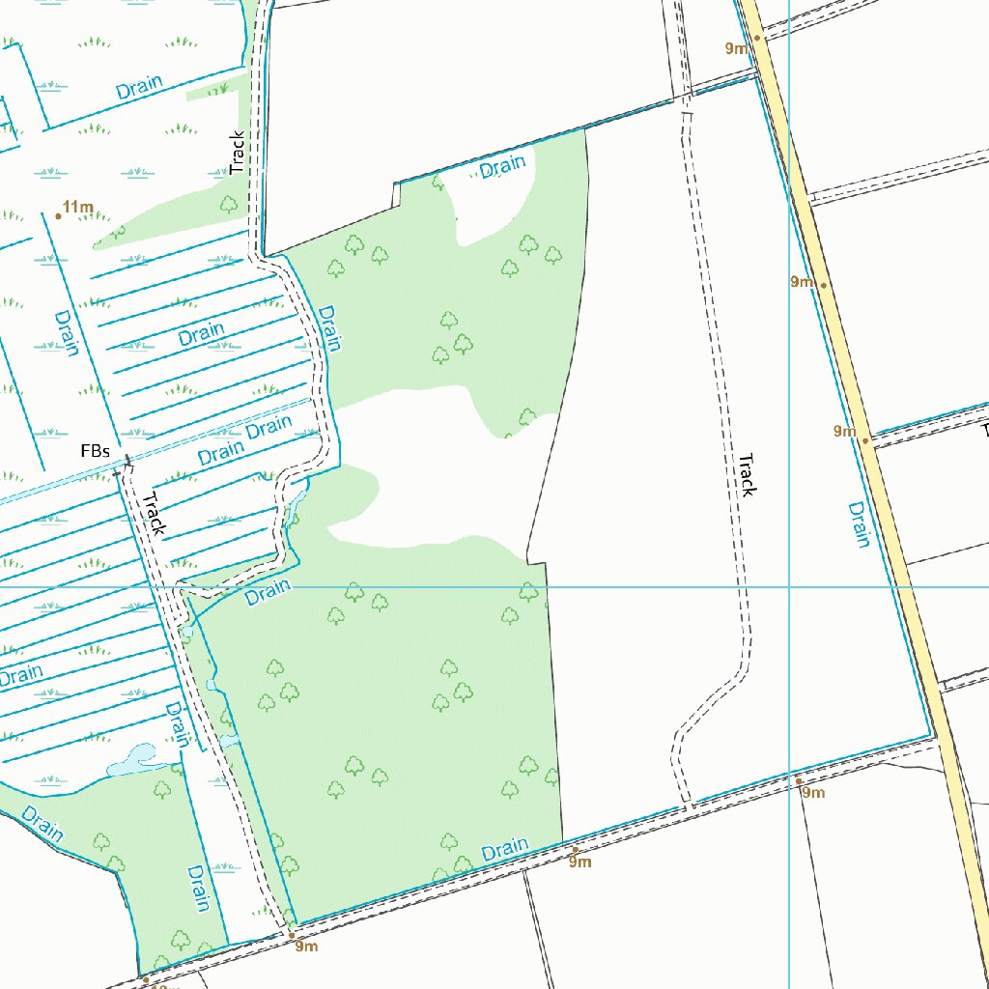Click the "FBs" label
click(x=95, y=452)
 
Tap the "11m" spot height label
click(x=78, y=207)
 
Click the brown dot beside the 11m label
click(x=58, y=216)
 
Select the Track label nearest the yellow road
click(x=746, y=474)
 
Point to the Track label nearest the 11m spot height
click(x=238, y=153)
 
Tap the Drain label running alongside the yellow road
click(x=859, y=524)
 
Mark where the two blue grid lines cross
click(x=789, y=586)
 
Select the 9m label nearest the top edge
click(x=737, y=48)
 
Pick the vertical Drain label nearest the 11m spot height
click(x=67, y=332)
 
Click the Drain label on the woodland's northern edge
click(x=502, y=167)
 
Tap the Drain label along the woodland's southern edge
click(x=504, y=851)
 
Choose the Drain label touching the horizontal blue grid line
click(x=268, y=593)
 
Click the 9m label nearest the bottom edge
click(x=306, y=947)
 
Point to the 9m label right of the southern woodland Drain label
click(x=579, y=862)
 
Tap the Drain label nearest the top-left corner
click(x=139, y=87)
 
